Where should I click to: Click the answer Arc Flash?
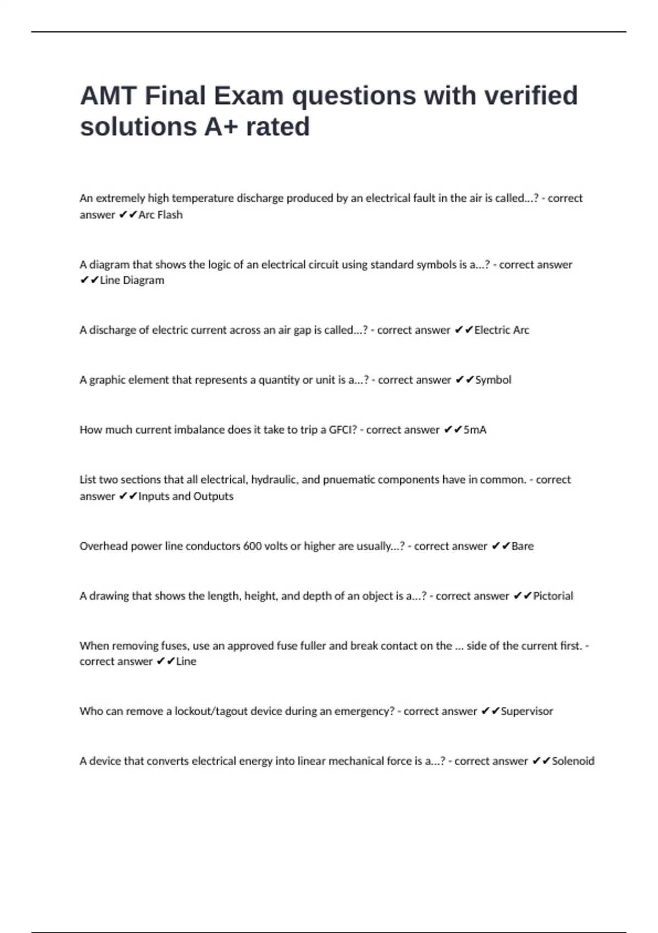160,215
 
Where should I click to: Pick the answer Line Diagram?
132,280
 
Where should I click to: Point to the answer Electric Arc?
501,330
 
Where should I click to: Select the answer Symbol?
493,380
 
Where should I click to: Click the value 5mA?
475,430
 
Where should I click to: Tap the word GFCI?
343,430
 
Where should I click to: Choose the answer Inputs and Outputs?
186,496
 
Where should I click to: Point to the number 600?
252,546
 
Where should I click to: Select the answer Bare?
522,546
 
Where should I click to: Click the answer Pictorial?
553,596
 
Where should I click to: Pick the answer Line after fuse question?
186,662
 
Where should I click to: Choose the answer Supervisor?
526,711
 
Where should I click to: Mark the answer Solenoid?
573,761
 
